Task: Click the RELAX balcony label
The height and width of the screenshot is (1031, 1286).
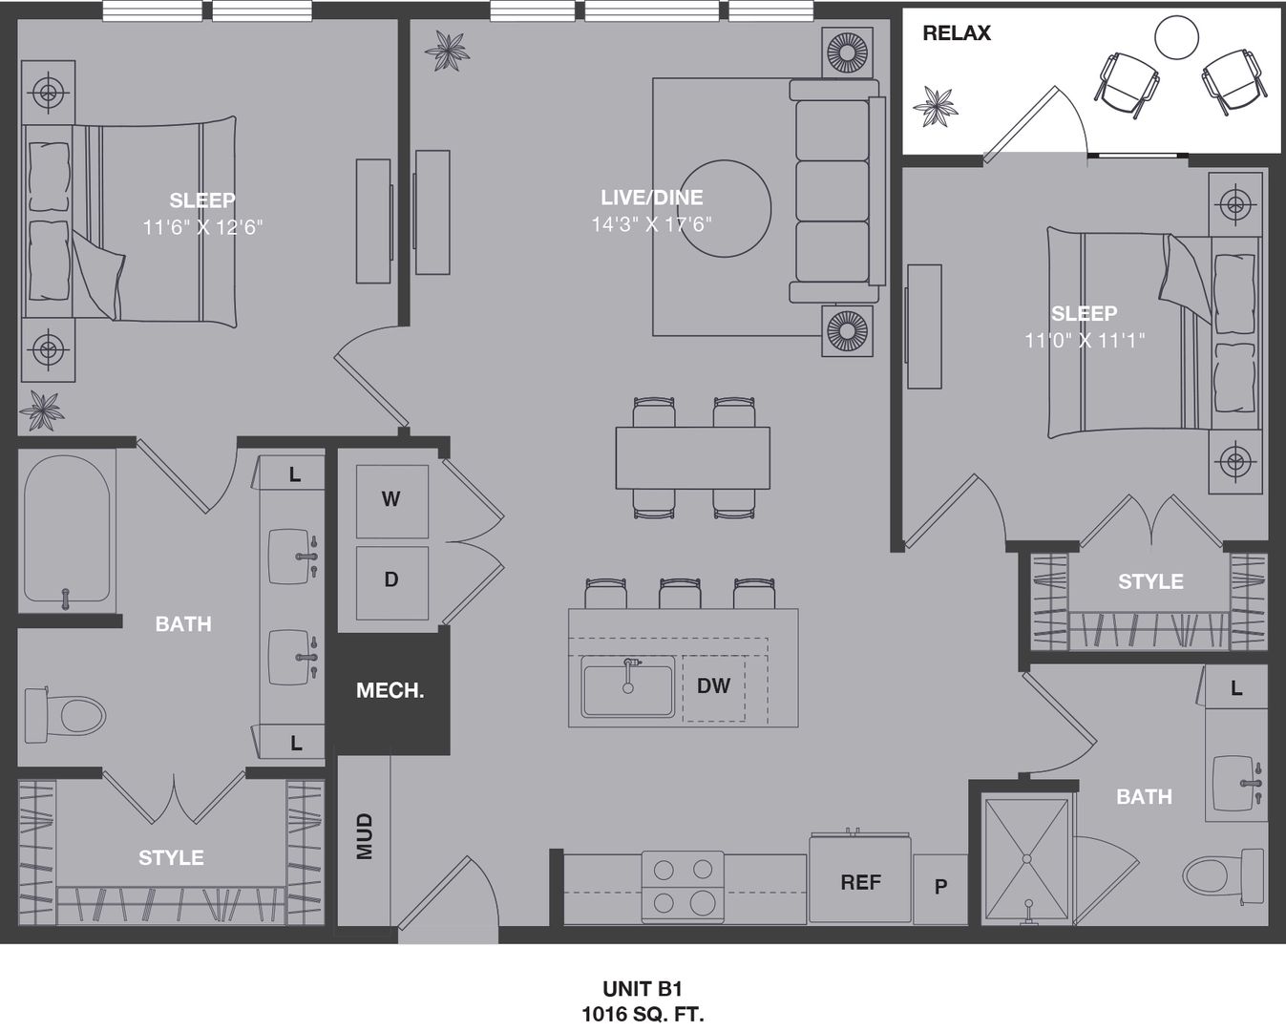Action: pos(956,32)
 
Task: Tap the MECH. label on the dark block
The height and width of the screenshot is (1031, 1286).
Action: pos(390,691)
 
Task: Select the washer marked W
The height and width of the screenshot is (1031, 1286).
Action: pos(392,501)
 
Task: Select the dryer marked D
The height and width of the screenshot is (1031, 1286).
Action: pos(392,582)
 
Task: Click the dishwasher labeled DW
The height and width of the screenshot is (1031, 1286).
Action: pos(714,688)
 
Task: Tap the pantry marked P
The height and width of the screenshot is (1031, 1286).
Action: pos(940,889)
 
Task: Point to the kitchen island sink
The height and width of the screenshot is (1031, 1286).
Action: pos(628,686)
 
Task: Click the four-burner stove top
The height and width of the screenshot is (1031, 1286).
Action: pos(683,887)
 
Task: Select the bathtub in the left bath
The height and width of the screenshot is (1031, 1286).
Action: pos(67,530)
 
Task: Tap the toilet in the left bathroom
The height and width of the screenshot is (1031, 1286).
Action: pos(65,715)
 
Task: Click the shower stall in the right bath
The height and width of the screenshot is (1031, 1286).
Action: pos(1026,859)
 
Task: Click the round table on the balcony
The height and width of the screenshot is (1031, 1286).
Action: pos(1176,37)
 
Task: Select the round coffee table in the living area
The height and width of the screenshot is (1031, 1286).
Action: pos(725,209)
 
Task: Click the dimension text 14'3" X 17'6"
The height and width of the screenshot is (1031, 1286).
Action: pos(651,224)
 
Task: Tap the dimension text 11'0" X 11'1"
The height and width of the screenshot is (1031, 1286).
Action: pos(1085,340)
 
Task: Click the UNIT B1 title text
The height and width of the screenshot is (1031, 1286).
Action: pos(643,989)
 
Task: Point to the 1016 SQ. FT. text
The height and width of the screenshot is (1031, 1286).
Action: pos(643,1014)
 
